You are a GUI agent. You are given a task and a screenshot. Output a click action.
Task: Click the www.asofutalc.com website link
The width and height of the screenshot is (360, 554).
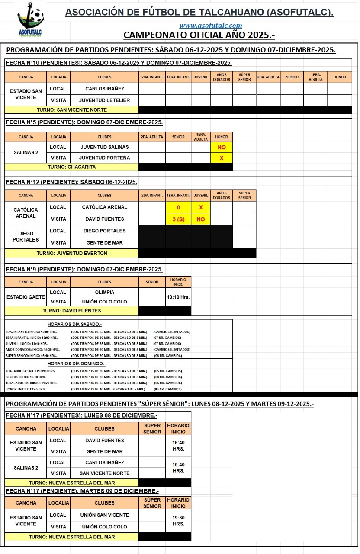[211, 26]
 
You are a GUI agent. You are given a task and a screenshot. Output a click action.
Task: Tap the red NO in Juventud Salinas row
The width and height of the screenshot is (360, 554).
[222, 147]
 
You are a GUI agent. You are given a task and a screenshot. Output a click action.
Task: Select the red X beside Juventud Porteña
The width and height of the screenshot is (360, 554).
[222, 158]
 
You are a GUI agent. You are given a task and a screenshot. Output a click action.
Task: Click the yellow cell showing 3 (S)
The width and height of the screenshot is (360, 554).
[178, 219]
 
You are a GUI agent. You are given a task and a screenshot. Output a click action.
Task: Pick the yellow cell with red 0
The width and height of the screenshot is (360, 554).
[178, 208]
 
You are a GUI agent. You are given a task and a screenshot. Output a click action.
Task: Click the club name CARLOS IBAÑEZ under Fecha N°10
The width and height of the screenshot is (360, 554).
[105, 89]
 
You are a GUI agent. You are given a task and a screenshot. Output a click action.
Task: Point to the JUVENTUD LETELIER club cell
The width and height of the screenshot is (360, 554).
[105, 100]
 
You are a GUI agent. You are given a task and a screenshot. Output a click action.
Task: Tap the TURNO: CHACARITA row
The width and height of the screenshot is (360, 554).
[72, 167]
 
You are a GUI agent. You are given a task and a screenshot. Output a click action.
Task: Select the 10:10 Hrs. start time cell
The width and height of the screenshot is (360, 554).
[178, 297]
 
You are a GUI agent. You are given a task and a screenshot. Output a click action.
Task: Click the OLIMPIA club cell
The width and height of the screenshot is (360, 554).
[105, 293]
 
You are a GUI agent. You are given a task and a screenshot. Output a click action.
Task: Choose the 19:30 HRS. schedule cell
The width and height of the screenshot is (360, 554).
[178, 521]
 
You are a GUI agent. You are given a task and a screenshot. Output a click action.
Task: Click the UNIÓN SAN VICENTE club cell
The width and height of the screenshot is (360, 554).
[105, 515]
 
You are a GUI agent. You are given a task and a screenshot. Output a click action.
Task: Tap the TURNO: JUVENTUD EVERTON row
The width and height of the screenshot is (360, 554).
[72, 253]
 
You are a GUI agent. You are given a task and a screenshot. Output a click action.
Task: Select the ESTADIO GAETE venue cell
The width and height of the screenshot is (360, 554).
[26, 297]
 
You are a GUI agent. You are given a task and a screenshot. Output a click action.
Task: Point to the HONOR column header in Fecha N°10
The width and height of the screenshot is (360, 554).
[340, 77]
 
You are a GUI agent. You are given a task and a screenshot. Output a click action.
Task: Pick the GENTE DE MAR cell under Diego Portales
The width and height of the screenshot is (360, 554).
[105, 243]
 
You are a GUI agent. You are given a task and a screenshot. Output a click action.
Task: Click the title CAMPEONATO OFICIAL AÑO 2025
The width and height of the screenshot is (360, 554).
[199, 35]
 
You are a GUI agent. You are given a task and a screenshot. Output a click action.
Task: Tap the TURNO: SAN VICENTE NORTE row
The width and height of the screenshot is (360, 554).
[72, 110]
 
